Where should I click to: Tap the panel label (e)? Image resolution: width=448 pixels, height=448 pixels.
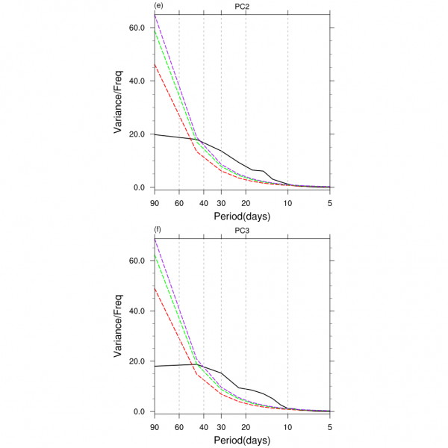point(158,7)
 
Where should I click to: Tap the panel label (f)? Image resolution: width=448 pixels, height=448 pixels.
point(158,231)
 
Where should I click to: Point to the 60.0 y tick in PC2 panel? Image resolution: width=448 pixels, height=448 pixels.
point(137,28)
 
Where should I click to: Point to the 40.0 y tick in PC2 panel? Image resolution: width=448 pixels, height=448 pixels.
point(137,81)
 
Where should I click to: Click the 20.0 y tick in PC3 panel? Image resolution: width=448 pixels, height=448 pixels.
point(137,361)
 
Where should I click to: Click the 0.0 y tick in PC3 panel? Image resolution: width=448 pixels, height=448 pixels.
point(139,411)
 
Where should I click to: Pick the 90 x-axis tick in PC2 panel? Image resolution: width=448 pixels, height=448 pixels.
point(154,202)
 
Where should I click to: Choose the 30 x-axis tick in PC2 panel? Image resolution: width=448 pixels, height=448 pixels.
point(221,202)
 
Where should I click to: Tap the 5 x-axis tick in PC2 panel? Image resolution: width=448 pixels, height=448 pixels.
point(330,202)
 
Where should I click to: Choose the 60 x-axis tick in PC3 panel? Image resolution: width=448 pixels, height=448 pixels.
point(179,426)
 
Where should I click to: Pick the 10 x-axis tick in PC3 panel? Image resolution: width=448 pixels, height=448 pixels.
point(288,426)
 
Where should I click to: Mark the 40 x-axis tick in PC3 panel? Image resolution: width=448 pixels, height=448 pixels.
point(203,426)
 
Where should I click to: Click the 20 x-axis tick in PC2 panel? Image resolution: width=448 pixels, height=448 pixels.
point(246,202)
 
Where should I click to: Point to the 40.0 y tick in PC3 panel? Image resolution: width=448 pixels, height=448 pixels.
point(137,311)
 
